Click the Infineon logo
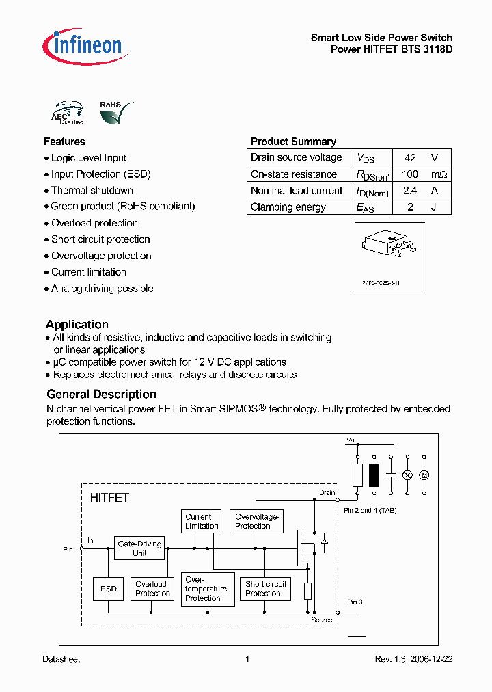pyautogui.click(x=82, y=45)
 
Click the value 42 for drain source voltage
pyautogui.click(x=409, y=157)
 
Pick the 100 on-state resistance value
pyautogui.click(x=409, y=174)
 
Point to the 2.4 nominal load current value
pyautogui.click(x=409, y=191)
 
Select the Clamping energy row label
pyautogui.click(x=288, y=207)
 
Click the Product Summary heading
pyautogui.click(x=293, y=142)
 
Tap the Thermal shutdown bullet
pyautogui.click(x=92, y=191)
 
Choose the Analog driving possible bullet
pyautogui.click(x=102, y=289)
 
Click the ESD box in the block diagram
pyautogui.click(x=109, y=589)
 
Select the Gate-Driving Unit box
pyautogui.click(x=139, y=548)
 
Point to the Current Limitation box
pyautogui.click(x=202, y=522)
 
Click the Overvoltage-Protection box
pyautogui.click(x=256, y=522)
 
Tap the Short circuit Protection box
pyautogui.click(x=265, y=589)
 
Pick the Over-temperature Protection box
pyautogui.click(x=206, y=589)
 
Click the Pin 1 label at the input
pyautogui.click(x=70, y=549)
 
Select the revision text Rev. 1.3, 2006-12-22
pyautogui.click(x=413, y=659)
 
